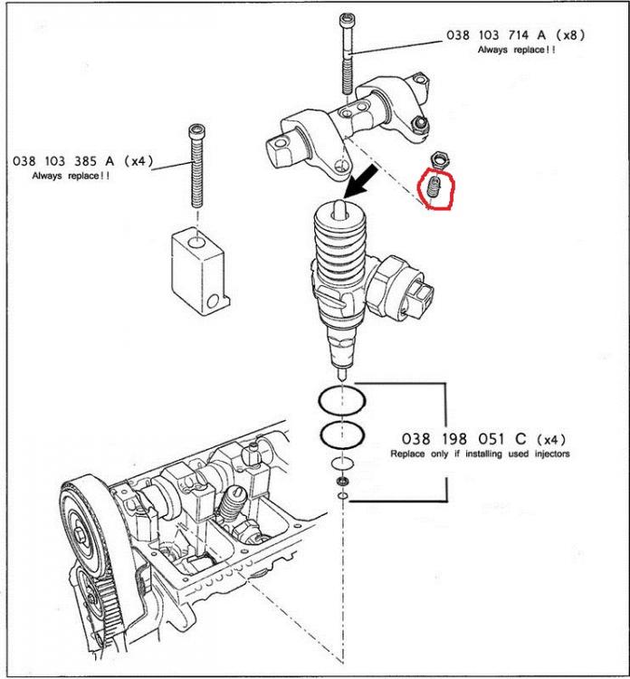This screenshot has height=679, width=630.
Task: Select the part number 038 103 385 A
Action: click(x=63, y=161)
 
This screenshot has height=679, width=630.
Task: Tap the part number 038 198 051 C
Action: click(x=463, y=439)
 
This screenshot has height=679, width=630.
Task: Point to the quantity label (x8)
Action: click(x=570, y=34)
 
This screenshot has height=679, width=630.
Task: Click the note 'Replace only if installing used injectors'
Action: click(x=480, y=454)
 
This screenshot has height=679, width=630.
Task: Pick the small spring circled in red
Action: click(x=434, y=187)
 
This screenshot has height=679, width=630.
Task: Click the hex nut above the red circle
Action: click(x=440, y=159)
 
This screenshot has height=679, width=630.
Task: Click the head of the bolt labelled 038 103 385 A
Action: click(x=197, y=129)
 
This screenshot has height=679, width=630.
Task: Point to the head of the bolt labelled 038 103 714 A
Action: click(x=347, y=19)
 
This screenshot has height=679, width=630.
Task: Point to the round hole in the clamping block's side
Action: click(x=213, y=301)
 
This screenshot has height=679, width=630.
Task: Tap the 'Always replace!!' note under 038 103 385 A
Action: click(x=71, y=176)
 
